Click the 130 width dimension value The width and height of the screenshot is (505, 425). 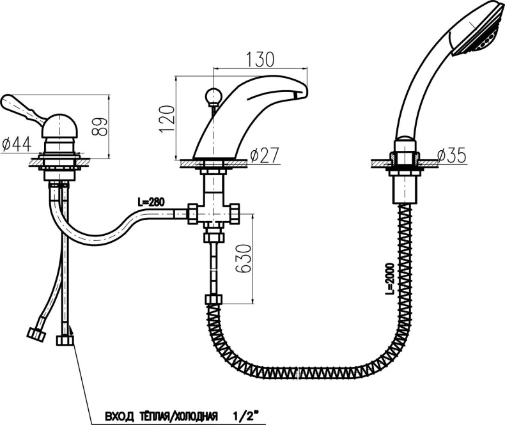point(260,59)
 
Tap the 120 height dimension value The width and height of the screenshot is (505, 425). point(167,119)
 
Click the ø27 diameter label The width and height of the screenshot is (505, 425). point(264,155)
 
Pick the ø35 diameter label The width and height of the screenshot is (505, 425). point(451,155)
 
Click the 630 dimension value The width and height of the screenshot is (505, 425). point(243,259)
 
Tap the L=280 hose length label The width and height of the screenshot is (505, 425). point(151,202)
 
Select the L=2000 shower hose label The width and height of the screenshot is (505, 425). point(390,279)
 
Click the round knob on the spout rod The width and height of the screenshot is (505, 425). point(213,96)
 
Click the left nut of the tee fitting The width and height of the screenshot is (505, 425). point(192,213)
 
